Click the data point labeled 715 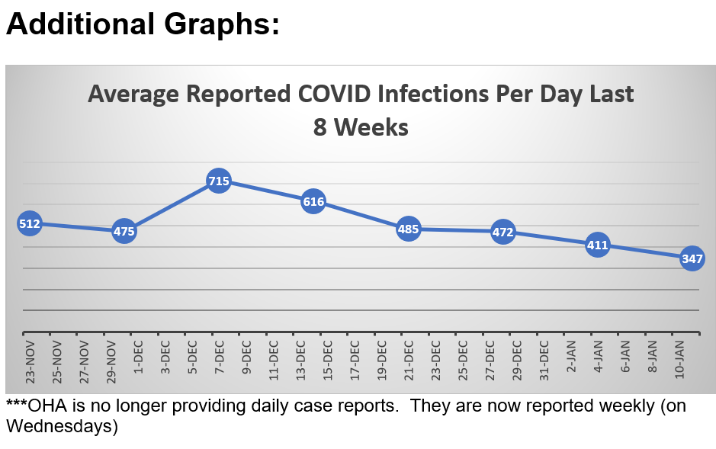219,181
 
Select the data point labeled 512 29,223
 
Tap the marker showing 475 124,231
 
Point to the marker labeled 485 409,229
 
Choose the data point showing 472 503,232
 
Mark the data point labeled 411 597,245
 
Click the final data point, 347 692,258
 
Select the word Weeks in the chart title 373,127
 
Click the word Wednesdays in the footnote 62,427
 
